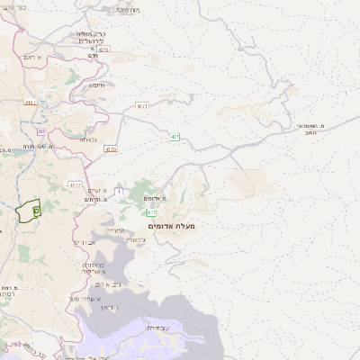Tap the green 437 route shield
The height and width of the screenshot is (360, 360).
coord(174,137)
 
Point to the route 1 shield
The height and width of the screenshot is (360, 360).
coord(118,191)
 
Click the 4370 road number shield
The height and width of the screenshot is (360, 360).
coord(111,150)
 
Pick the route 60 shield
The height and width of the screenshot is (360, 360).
coord(41,132)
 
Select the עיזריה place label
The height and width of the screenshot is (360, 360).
coord(115,230)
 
